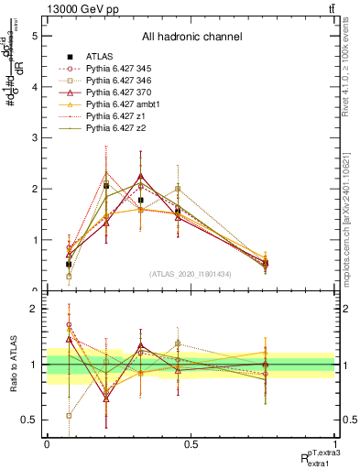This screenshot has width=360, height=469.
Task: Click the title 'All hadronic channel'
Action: (191, 38)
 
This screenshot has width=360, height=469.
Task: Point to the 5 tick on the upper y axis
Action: (34, 36)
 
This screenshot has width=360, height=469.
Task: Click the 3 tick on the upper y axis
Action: (34, 138)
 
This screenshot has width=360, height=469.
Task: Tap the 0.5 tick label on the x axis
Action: (191, 444)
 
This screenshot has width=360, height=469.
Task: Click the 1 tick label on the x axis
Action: (335, 444)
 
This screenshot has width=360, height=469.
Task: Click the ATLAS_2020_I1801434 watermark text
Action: (191, 274)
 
